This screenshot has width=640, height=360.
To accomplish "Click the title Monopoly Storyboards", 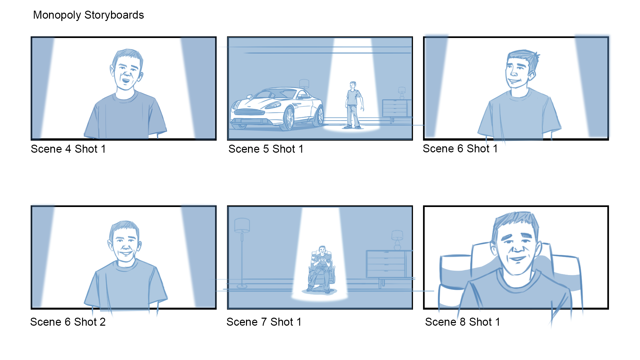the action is (88, 15).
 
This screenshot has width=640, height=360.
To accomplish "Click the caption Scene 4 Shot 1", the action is (68, 149).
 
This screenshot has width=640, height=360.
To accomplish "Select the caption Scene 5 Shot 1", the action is (266, 149).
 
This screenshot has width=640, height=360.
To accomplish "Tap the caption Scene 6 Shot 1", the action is (460, 149).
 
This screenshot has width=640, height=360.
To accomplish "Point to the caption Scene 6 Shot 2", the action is (68, 322).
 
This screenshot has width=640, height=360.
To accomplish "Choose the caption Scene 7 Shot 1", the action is (264, 322).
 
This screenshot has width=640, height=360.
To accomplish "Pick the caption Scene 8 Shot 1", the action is (462, 322).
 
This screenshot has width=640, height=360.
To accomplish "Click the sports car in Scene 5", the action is (277, 108).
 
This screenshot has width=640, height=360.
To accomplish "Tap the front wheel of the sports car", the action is (289, 118).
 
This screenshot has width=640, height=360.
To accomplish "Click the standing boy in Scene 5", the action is (354, 105).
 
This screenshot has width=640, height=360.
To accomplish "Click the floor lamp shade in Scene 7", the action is (242, 225).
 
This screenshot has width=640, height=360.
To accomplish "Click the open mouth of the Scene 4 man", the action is (126, 80).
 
